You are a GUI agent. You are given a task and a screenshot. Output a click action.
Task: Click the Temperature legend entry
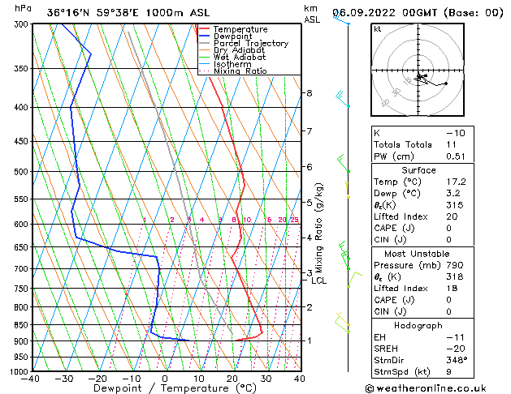tap(241, 29)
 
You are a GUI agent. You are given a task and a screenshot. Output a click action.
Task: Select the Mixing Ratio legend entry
tap(240, 71)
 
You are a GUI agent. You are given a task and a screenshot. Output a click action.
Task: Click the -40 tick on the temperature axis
tap(31, 379)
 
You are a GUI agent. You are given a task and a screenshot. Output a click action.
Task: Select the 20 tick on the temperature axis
tap(232, 379)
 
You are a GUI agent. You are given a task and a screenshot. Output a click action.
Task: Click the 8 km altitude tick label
tap(310, 93)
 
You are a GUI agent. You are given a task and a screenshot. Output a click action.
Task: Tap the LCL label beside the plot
tap(319, 281)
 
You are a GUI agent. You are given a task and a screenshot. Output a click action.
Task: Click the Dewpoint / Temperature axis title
tap(166, 389)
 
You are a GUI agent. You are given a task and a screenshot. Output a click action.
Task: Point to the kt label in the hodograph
tap(378, 28)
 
